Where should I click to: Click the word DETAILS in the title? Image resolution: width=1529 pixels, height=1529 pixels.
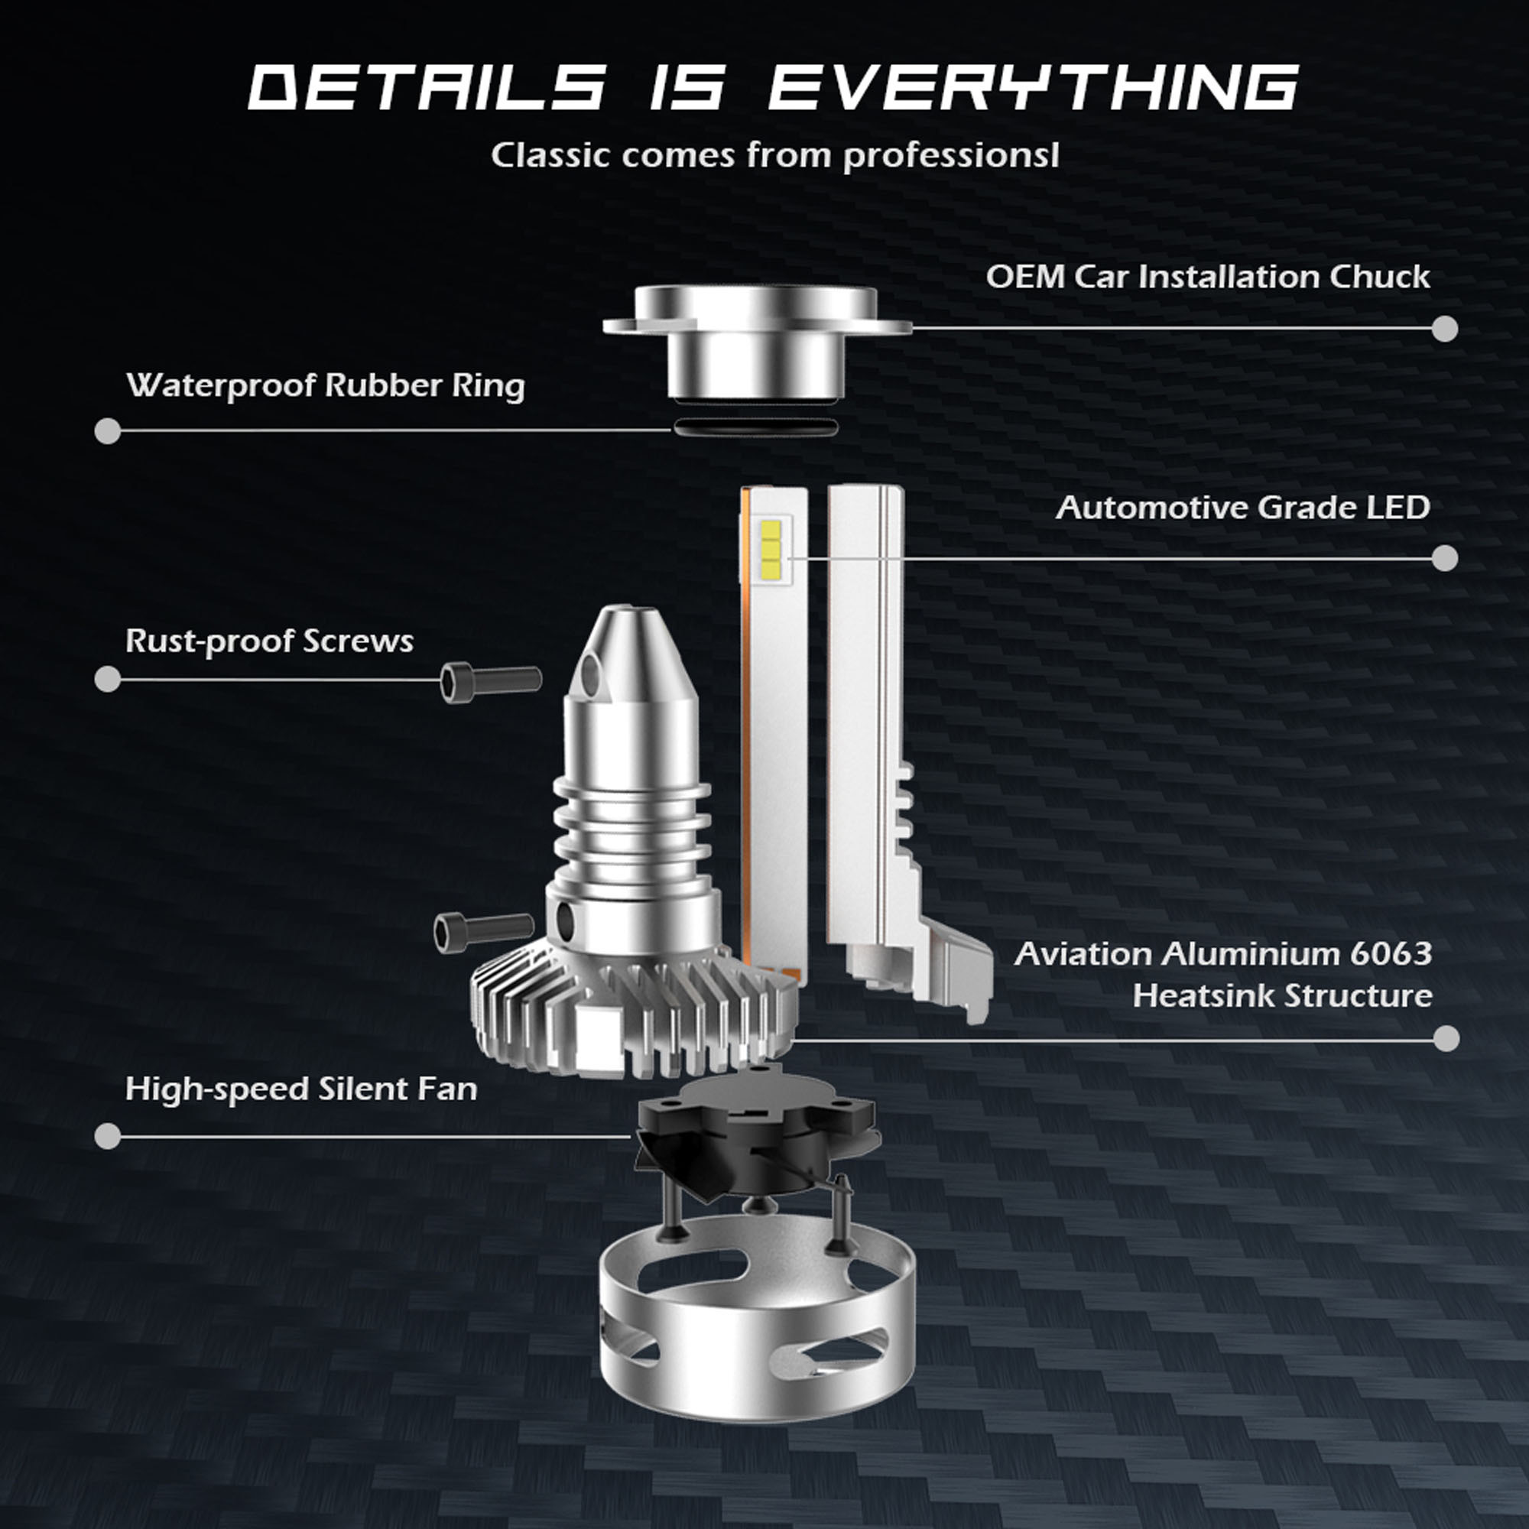(x=427, y=87)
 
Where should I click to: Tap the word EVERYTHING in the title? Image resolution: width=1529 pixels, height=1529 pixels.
(x=1034, y=87)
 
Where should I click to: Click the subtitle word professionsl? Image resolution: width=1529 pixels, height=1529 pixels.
(x=950, y=156)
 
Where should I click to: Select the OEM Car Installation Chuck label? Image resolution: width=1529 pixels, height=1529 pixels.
(x=1208, y=277)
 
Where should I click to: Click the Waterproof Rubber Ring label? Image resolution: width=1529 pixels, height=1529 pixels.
(x=325, y=386)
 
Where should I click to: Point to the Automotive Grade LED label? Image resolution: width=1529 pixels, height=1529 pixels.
(x=1242, y=508)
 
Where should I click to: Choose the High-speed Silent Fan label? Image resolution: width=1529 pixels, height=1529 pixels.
(x=301, y=1089)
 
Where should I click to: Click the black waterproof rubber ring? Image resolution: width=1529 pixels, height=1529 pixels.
(x=755, y=427)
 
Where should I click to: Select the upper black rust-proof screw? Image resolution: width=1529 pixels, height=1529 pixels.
(x=491, y=681)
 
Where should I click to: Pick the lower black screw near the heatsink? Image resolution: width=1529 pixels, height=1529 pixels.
(x=485, y=931)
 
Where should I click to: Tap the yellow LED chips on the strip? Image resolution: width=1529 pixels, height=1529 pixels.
(x=770, y=547)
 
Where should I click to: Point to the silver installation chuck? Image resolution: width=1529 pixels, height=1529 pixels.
(x=757, y=342)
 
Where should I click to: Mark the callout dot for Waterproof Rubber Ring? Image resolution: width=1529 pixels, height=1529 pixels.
(x=108, y=431)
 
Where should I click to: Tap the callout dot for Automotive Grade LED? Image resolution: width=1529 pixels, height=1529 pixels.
(x=1445, y=558)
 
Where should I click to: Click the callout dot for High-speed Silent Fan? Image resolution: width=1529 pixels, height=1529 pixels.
(x=108, y=1137)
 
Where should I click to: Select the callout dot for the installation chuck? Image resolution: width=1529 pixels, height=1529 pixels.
(x=1445, y=329)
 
